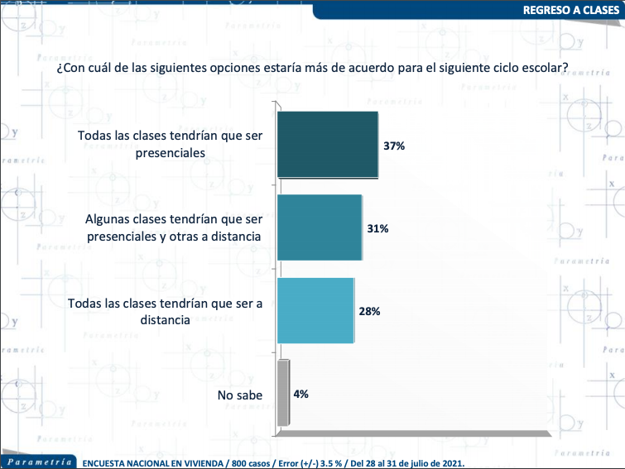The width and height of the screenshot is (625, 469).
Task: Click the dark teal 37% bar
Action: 328,144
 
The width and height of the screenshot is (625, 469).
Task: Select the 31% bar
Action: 320,227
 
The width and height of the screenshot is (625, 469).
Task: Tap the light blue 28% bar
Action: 315,310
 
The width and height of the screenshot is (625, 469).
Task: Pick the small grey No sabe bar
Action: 284,394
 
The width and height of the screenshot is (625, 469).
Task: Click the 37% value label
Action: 393,146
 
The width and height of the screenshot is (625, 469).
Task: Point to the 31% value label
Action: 378,228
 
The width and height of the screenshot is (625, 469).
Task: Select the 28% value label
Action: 370,312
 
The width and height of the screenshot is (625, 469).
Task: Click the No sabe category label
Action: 240,395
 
